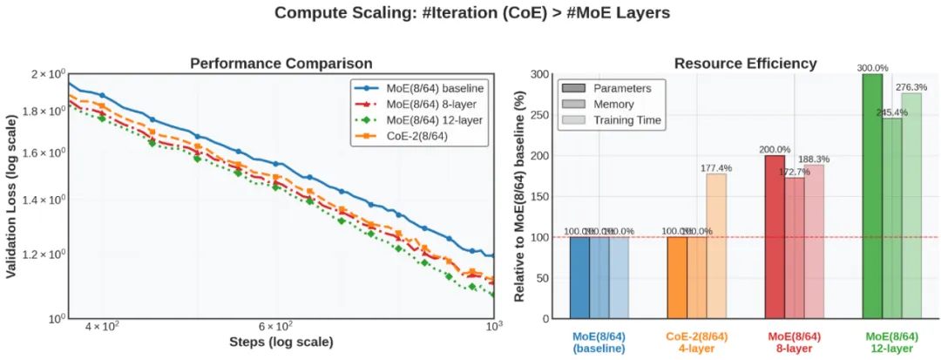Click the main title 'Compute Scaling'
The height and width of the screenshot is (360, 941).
pos(471,13)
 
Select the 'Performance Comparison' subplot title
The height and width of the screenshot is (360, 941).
pos(281,63)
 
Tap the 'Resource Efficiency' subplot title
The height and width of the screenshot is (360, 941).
pos(745,63)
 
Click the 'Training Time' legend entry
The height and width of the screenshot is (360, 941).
pos(626,119)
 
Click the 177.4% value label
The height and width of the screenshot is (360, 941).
pos(716,168)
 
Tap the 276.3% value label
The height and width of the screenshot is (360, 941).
pos(911,87)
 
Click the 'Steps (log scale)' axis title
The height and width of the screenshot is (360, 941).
pos(281,341)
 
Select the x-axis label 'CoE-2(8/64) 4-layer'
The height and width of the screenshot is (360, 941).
pos(697,342)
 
